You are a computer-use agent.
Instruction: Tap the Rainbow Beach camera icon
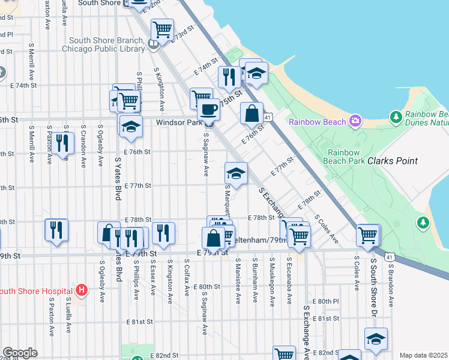point(355,122)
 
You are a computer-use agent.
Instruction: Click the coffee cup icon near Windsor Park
point(208,109)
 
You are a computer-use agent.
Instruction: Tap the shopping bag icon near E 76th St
point(252,112)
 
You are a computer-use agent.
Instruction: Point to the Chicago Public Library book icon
point(154,44)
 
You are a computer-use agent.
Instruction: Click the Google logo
point(19,353)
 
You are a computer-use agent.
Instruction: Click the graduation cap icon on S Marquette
point(236,173)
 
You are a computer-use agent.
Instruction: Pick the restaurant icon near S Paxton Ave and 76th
point(62,143)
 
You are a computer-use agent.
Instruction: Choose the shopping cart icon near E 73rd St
point(162,28)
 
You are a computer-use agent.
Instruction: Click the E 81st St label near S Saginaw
point(139,322)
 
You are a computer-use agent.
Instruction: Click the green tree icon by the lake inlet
point(424,223)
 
